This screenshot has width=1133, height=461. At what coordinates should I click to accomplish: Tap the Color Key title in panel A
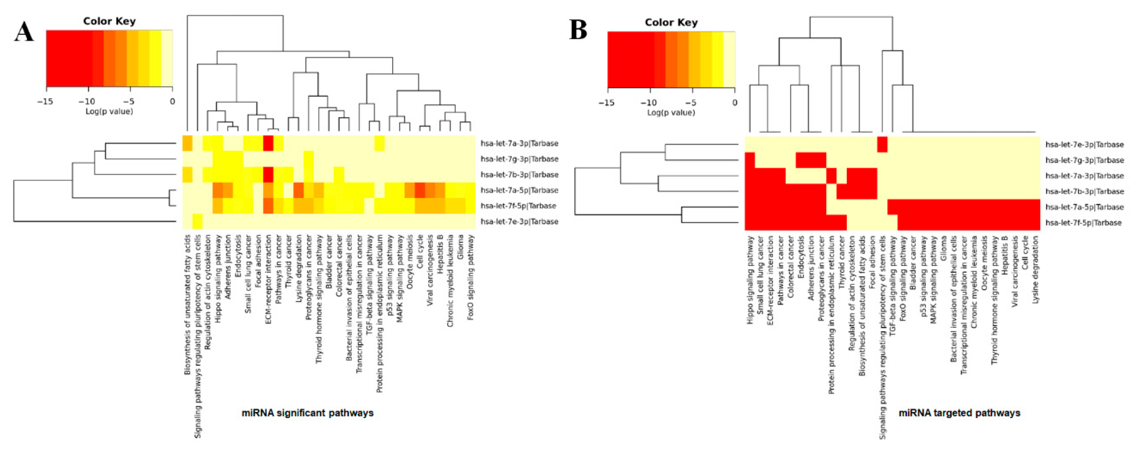point(110,21)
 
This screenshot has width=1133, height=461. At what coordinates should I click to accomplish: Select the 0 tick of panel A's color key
point(172,102)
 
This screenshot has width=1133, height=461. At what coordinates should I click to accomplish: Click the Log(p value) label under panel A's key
point(109,112)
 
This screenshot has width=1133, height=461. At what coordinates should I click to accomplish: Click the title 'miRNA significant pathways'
point(307,413)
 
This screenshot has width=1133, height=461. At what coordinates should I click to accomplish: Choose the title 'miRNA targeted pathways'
point(959,413)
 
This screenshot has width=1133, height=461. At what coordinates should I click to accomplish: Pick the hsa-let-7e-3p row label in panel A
point(519,222)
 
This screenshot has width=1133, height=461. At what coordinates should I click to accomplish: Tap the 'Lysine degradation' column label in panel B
point(1035,269)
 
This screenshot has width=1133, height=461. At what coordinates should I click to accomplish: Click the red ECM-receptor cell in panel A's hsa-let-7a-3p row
point(268,143)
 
